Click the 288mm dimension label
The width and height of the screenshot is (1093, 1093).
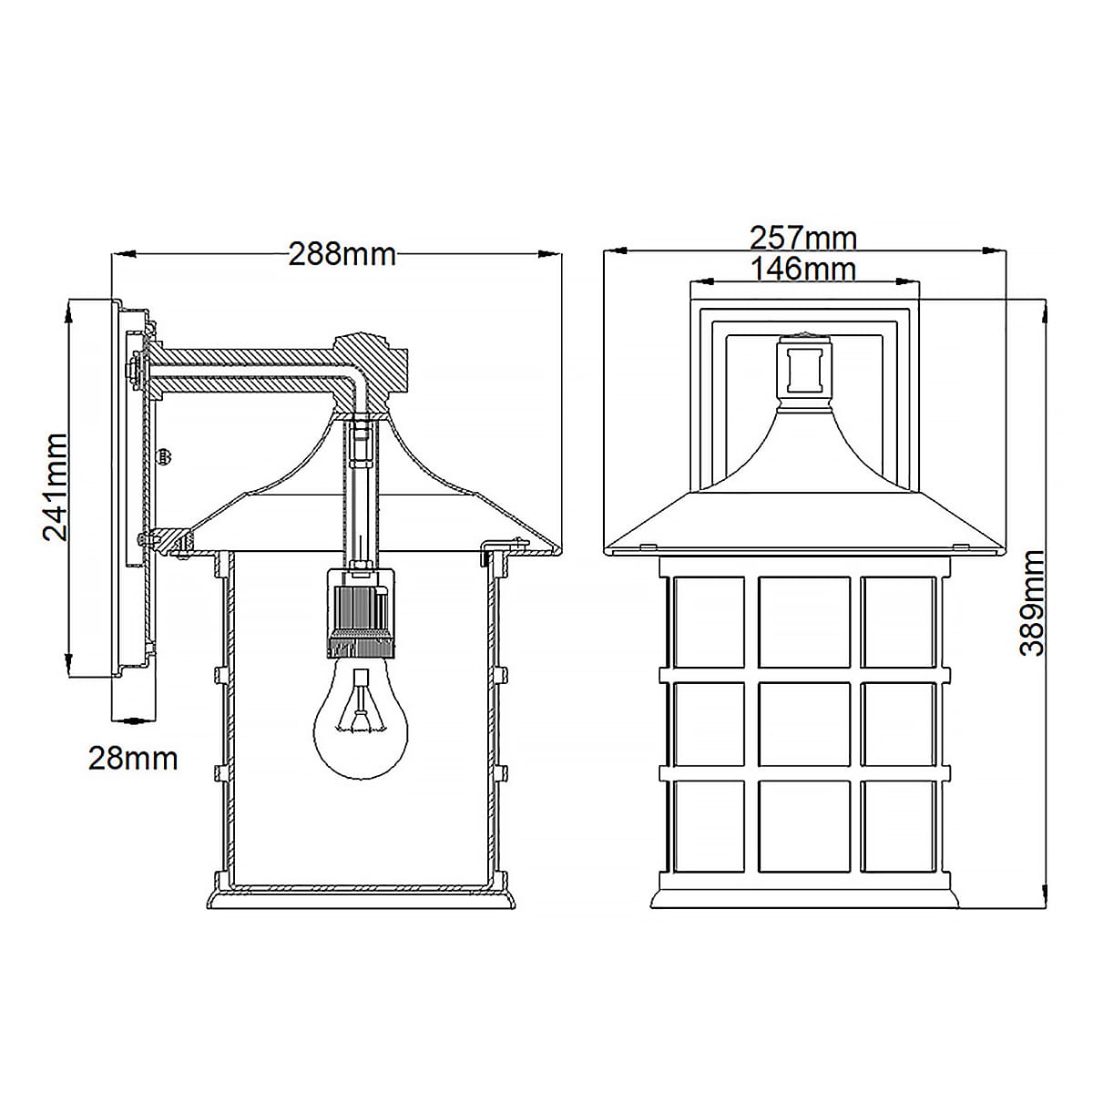coord(342,255)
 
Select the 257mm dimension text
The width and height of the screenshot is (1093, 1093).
coord(803,239)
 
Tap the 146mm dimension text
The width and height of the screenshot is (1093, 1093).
coord(803,269)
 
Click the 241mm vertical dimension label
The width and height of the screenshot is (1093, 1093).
coord(56,487)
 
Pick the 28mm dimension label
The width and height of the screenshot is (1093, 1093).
coord(133,759)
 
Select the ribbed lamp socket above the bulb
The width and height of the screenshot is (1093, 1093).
coord(360,614)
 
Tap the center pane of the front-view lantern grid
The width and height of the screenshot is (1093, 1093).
coord(803,723)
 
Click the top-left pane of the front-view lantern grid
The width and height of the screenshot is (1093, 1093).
coord(709,622)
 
